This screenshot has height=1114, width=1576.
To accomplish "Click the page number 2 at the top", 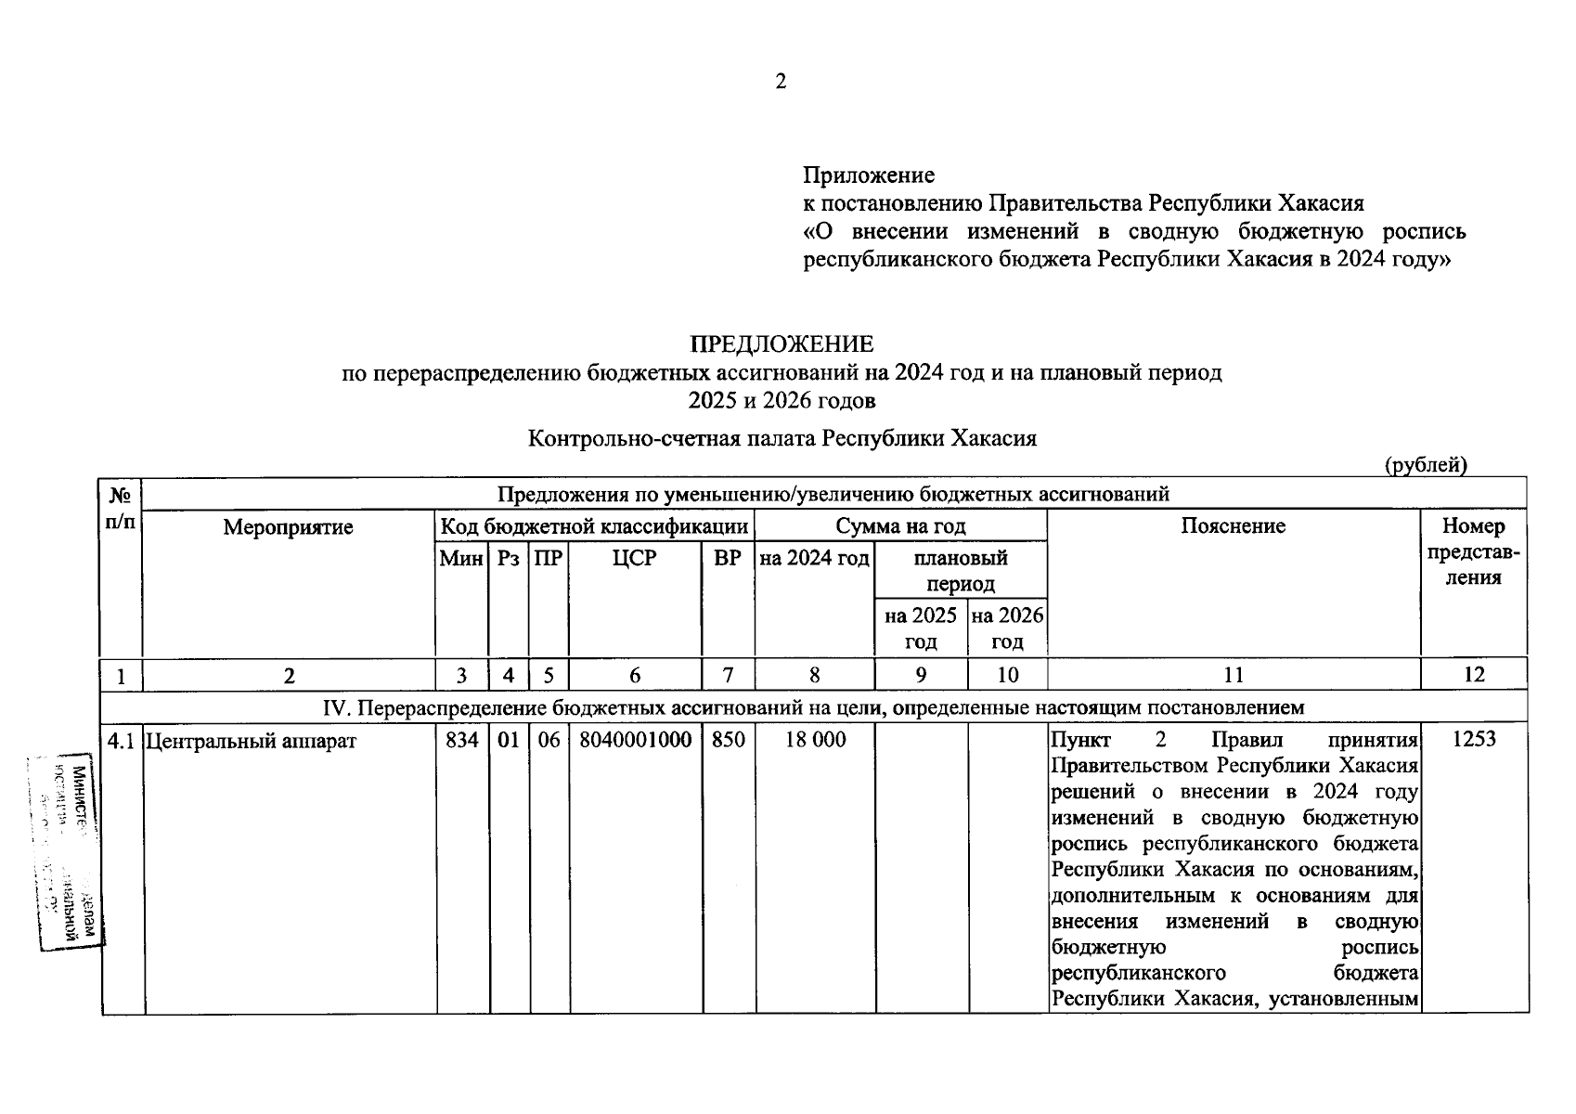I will (781, 82).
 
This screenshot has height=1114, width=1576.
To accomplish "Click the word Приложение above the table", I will (869, 175).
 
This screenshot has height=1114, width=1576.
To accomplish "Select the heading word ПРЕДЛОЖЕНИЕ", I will (782, 344).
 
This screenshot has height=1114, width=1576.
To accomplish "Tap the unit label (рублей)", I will (1426, 465).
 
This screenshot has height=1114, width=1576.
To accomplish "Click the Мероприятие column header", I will (288, 527).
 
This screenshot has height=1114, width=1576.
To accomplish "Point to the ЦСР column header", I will (634, 558).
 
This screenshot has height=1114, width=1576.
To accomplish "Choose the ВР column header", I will (728, 558).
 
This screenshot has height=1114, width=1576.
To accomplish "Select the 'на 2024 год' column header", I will (815, 558).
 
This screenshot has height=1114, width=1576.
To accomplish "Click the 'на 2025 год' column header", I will (921, 628).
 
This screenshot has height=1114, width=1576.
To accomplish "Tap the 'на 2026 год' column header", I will (1007, 628).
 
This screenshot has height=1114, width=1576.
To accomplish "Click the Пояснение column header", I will (1233, 526).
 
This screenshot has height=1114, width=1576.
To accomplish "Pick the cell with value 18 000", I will (815, 740).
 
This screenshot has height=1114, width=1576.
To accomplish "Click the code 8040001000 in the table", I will (635, 740).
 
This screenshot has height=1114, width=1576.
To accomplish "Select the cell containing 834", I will (462, 740).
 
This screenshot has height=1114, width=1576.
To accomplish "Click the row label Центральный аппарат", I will (251, 741).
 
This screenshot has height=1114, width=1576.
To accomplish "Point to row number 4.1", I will (121, 741).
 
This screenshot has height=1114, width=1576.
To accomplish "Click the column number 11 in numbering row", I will (1233, 675).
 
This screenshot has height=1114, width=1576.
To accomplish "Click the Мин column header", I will (461, 558).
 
